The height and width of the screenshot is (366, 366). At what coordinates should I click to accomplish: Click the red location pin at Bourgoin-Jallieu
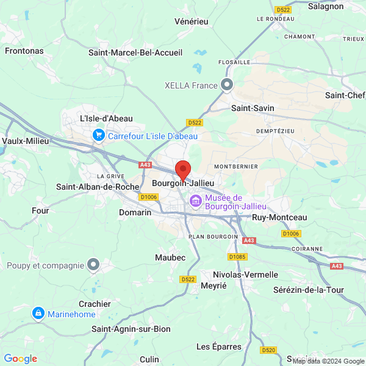click(182, 169)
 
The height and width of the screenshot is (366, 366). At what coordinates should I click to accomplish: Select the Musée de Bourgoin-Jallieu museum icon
click(196, 201)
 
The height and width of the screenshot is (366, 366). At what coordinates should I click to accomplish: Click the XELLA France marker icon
click(228, 85)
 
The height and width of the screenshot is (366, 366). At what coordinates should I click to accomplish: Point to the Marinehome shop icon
click(38, 313)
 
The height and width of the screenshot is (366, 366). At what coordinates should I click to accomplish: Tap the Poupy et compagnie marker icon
click(93, 265)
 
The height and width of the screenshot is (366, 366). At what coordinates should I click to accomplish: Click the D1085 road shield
click(237, 257)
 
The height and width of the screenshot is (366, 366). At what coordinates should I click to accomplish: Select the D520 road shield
click(268, 350)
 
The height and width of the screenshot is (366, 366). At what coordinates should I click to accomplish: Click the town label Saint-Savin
click(253, 108)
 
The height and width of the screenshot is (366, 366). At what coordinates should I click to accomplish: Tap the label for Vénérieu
click(191, 21)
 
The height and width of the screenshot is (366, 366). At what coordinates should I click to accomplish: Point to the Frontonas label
click(24, 51)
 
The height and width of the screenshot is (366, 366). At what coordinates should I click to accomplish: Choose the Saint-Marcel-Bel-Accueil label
click(135, 52)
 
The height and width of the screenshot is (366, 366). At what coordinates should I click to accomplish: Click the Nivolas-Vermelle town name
click(245, 274)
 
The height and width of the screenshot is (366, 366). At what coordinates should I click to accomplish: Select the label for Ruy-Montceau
click(279, 217)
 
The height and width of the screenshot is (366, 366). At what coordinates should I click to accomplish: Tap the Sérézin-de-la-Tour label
click(309, 290)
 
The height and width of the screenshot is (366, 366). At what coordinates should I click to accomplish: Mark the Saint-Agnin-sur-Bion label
click(131, 329)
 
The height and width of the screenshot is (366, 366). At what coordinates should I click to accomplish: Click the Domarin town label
click(135, 212)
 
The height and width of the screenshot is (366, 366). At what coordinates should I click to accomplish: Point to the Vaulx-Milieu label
click(26, 140)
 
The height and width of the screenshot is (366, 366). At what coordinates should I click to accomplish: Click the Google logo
click(21, 359)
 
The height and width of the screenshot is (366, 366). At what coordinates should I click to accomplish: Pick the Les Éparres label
click(219, 346)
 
